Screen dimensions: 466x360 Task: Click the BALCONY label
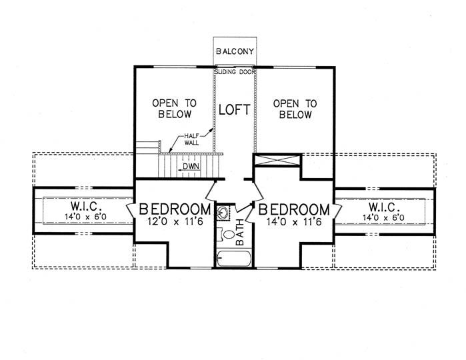pyautogui.click(x=235, y=51)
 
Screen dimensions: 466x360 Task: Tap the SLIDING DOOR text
pyautogui.click(x=235, y=72)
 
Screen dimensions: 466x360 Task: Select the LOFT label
pyautogui.click(x=235, y=110)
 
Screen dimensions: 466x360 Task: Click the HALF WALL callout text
pyautogui.click(x=192, y=139)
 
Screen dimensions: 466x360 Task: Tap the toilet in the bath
pyautogui.click(x=226, y=234)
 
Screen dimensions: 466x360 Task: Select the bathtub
pyautogui.click(x=234, y=259)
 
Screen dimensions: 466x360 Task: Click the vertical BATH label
pyautogui.click(x=239, y=233)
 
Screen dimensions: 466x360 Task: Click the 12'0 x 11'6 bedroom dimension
pyautogui.click(x=175, y=221)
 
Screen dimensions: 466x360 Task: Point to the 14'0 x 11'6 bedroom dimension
pyautogui.click(x=294, y=222)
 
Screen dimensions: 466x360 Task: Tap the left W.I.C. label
pyautogui.click(x=87, y=206)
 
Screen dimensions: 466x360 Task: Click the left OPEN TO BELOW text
pyautogui.click(x=175, y=109)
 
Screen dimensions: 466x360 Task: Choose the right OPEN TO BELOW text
pyautogui.click(x=295, y=109)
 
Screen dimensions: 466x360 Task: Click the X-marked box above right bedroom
pyautogui.click(x=277, y=159)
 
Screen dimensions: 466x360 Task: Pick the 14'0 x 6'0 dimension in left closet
pyautogui.click(x=85, y=217)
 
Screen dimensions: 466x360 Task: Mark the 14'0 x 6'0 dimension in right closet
pyautogui.click(x=383, y=217)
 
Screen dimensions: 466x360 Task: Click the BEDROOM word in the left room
pyautogui.click(x=175, y=209)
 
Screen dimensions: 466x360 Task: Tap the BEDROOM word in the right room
pyautogui.click(x=294, y=209)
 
